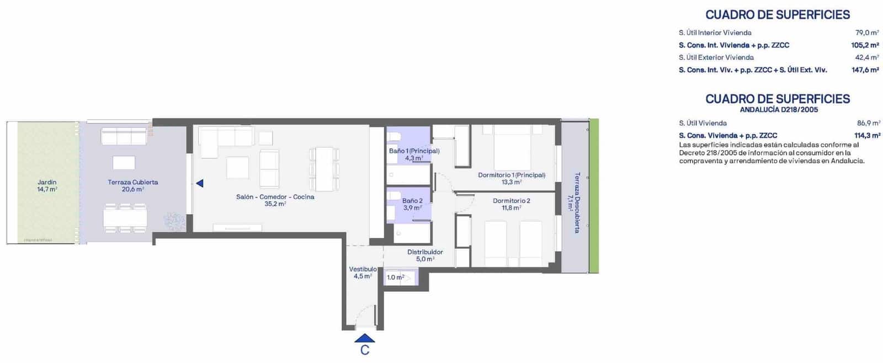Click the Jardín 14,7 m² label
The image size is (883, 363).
[x=47, y=185]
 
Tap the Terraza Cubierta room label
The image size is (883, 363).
[x=133, y=185]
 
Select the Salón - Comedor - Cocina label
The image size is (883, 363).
[x=275, y=200]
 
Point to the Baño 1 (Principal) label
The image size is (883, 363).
[x=414, y=154]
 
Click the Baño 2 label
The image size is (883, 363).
[x=412, y=204]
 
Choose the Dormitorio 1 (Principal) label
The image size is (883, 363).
[x=512, y=178]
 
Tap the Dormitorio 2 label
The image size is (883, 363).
[x=512, y=204]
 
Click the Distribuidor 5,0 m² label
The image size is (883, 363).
[x=425, y=255]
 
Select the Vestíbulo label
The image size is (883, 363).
[x=363, y=273]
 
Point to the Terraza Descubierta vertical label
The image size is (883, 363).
[x=574, y=202]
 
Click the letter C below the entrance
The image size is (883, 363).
[x=365, y=350]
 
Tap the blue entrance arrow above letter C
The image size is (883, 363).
[x=365, y=338]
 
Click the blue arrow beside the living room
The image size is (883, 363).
[x=200, y=183]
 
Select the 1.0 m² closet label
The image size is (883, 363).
[x=396, y=277]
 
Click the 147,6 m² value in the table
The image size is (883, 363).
[x=865, y=70]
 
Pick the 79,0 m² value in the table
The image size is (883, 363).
[x=867, y=33]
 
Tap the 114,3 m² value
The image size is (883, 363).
[x=867, y=135]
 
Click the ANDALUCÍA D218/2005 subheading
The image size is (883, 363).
[x=779, y=110]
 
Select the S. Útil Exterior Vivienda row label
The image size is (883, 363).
[x=716, y=57]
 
